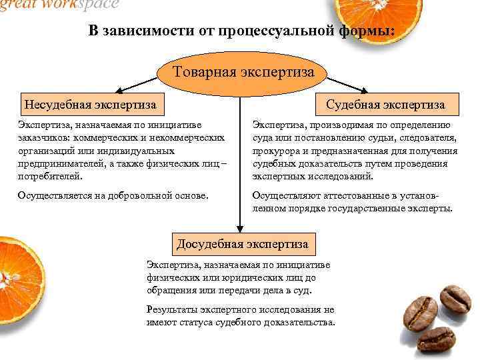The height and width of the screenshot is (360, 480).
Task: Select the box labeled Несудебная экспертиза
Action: [91, 105]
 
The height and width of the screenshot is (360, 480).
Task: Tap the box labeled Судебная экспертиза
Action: [385, 105]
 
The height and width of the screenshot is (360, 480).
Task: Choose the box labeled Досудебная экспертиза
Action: [242, 244]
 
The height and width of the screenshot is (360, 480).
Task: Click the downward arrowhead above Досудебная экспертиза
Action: [239, 228]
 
